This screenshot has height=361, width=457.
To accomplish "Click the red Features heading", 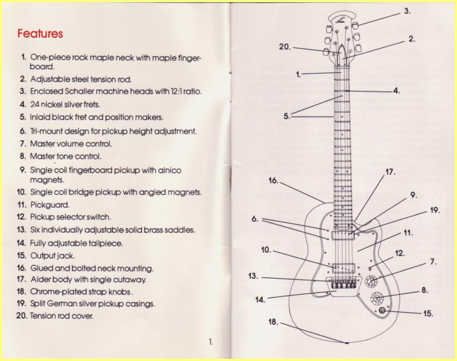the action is [40, 34].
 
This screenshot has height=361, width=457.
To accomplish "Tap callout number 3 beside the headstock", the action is [407, 11].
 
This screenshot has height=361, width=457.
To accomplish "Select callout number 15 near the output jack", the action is [428, 314].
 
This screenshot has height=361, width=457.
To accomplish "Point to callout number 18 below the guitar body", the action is [273, 322].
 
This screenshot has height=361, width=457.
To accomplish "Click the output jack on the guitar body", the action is [383, 311].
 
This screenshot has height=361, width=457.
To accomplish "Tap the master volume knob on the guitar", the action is [371, 280].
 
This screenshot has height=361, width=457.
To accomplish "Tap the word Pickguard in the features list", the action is [50, 205].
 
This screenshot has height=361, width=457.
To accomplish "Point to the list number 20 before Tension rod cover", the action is [22, 316].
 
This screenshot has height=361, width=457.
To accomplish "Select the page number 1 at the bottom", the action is [211, 342].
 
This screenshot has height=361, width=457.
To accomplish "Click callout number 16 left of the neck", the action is [273, 181].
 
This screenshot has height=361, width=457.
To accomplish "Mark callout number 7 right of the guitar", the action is [434, 262].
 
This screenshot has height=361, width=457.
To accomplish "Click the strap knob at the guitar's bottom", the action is [347, 343].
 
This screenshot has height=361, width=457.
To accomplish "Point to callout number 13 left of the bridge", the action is [253, 276].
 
